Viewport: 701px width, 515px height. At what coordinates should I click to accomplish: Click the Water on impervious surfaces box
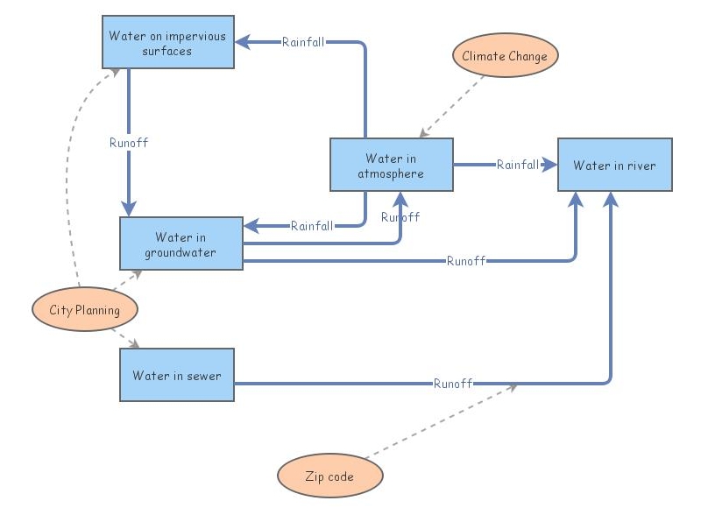tap(167, 43)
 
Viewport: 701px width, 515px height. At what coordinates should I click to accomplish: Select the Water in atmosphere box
tap(391, 165)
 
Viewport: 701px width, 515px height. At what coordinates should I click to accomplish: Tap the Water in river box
tap(614, 165)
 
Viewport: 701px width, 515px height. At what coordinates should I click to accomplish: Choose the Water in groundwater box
tap(181, 244)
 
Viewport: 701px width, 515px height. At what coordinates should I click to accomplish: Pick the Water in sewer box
tap(176, 376)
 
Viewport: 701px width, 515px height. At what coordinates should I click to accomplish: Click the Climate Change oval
tap(505, 56)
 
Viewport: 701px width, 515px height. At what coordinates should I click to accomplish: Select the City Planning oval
tap(84, 310)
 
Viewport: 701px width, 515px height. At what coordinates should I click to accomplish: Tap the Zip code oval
tap(329, 477)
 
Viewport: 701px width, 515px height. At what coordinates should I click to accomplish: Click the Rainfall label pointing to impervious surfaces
tap(303, 41)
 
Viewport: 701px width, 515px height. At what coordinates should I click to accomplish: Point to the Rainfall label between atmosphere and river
tap(518, 164)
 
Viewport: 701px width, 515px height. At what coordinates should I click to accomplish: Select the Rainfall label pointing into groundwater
tap(311, 226)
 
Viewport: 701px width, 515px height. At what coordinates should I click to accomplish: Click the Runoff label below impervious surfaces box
tap(129, 142)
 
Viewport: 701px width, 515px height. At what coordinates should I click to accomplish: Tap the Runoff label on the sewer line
tap(453, 383)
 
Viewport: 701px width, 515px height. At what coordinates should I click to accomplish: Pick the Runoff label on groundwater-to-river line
tap(466, 260)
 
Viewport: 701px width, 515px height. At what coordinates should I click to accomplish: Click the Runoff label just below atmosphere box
tap(400, 216)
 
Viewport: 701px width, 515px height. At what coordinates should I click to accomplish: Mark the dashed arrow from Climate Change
tap(453, 106)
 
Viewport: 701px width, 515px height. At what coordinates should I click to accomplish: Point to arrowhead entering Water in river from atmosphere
tap(550, 164)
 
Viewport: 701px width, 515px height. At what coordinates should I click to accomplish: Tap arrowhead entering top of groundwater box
tap(129, 208)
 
